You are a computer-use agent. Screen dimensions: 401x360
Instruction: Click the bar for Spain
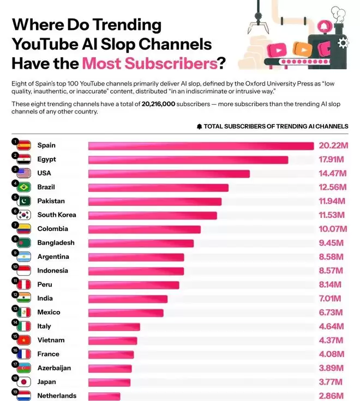point(201,145)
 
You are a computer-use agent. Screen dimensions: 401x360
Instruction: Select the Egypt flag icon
point(24,160)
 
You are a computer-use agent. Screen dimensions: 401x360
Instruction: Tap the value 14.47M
point(331,174)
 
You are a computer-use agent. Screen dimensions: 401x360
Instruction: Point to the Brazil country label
point(47,187)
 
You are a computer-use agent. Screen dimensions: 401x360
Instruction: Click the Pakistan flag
point(24,201)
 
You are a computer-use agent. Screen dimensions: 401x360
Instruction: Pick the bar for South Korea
point(153,215)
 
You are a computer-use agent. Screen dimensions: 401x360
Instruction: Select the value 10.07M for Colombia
point(331,229)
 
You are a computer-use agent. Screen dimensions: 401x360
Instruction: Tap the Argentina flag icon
point(24,257)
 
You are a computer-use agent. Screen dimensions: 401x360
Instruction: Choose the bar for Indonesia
point(136,271)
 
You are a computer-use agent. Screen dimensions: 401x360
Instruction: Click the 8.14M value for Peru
point(331,285)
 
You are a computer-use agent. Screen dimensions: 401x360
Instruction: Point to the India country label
point(45,299)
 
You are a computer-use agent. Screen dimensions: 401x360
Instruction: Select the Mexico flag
point(24,313)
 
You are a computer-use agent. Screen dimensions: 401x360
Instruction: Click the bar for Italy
point(114,326)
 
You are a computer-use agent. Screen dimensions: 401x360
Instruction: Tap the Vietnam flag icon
point(24,341)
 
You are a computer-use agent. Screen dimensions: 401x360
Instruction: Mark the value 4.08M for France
point(331,354)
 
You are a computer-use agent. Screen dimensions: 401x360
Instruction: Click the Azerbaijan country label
point(54,368)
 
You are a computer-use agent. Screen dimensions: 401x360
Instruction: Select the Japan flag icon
point(24,382)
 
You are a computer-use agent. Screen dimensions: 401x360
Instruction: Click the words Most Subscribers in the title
point(149,64)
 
